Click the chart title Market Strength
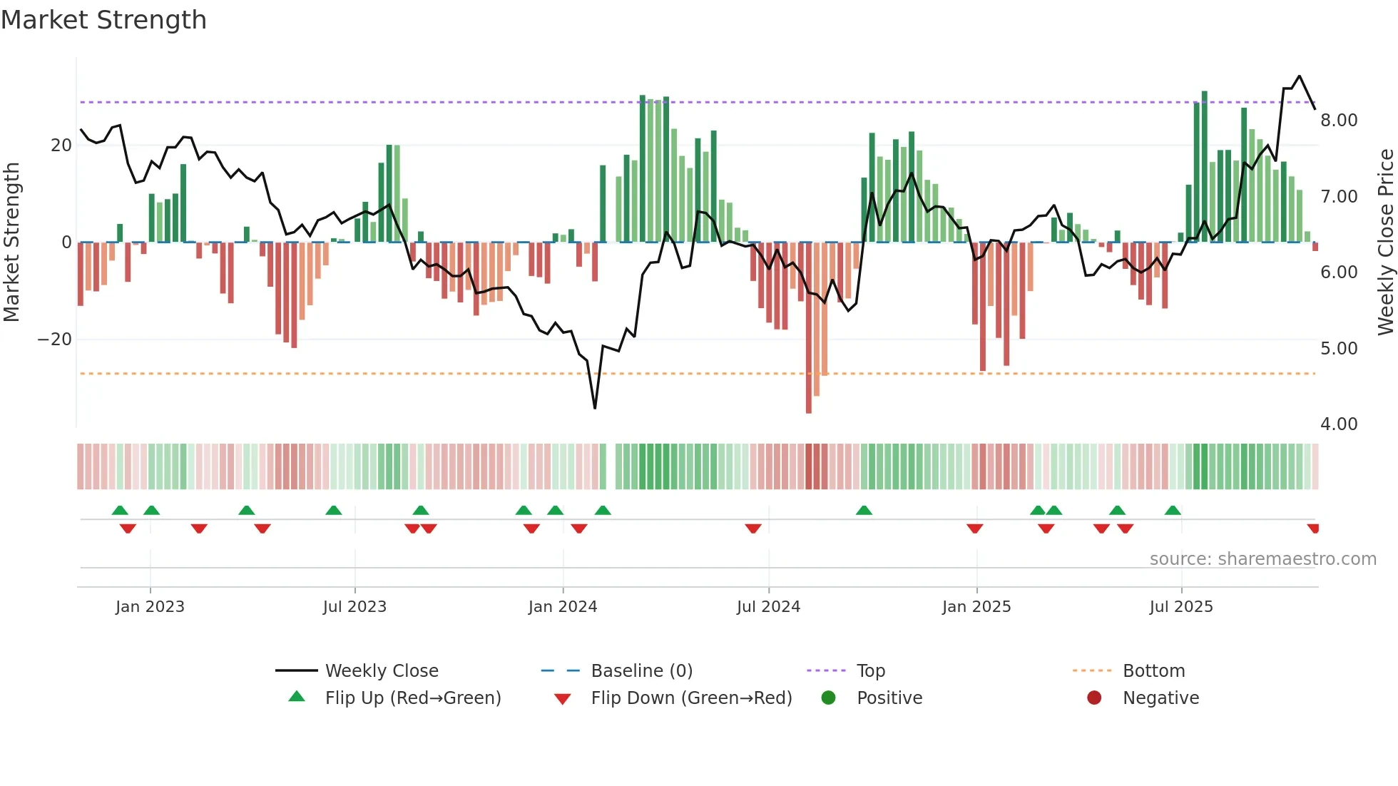pyautogui.click(x=103, y=20)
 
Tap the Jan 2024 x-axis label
pyautogui.click(x=562, y=607)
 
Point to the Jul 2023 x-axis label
pyautogui.click(x=354, y=607)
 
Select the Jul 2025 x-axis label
pyautogui.click(x=1180, y=607)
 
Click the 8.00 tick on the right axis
pyautogui.click(x=1338, y=120)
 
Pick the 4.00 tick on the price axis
pyautogui.click(x=1338, y=424)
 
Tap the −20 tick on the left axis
pyautogui.click(x=54, y=340)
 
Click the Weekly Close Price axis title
pyautogui.click(x=1385, y=242)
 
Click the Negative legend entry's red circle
pyautogui.click(x=1094, y=698)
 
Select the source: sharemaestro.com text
pyautogui.click(x=1262, y=559)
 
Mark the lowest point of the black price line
pyautogui.click(x=595, y=408)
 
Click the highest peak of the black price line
pyautogui.click(x=1299, y=76)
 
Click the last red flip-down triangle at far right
pyautogui.click(x=1313, y=529)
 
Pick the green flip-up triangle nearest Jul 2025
pyautogui.click(x=1173, y=510)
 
